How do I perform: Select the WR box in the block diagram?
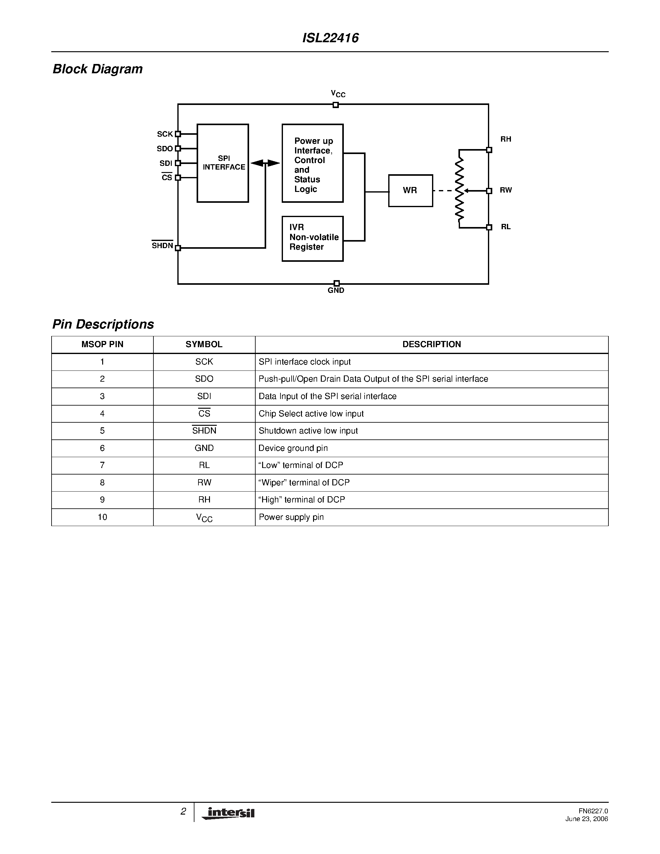[410, 190]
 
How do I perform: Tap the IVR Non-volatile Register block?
[312, 238]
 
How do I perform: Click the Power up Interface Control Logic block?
[312, 163]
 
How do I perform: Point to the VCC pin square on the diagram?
[335, 105]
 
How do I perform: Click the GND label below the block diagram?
[336, 291]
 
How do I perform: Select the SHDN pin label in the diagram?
[162, 246]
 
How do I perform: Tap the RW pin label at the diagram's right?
[506, 190]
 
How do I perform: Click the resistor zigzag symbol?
[460, 189]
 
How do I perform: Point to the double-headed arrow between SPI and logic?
[265, 163]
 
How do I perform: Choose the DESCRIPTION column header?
[432, 344]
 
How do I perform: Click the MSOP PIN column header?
[102, 344]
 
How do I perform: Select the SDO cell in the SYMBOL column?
[204, 379]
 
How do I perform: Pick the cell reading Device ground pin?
[293, 448]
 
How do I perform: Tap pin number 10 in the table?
[102, 517]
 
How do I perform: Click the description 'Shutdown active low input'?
[308, 431]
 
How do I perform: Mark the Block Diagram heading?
[98, 69]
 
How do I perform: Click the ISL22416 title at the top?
[330, 38]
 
